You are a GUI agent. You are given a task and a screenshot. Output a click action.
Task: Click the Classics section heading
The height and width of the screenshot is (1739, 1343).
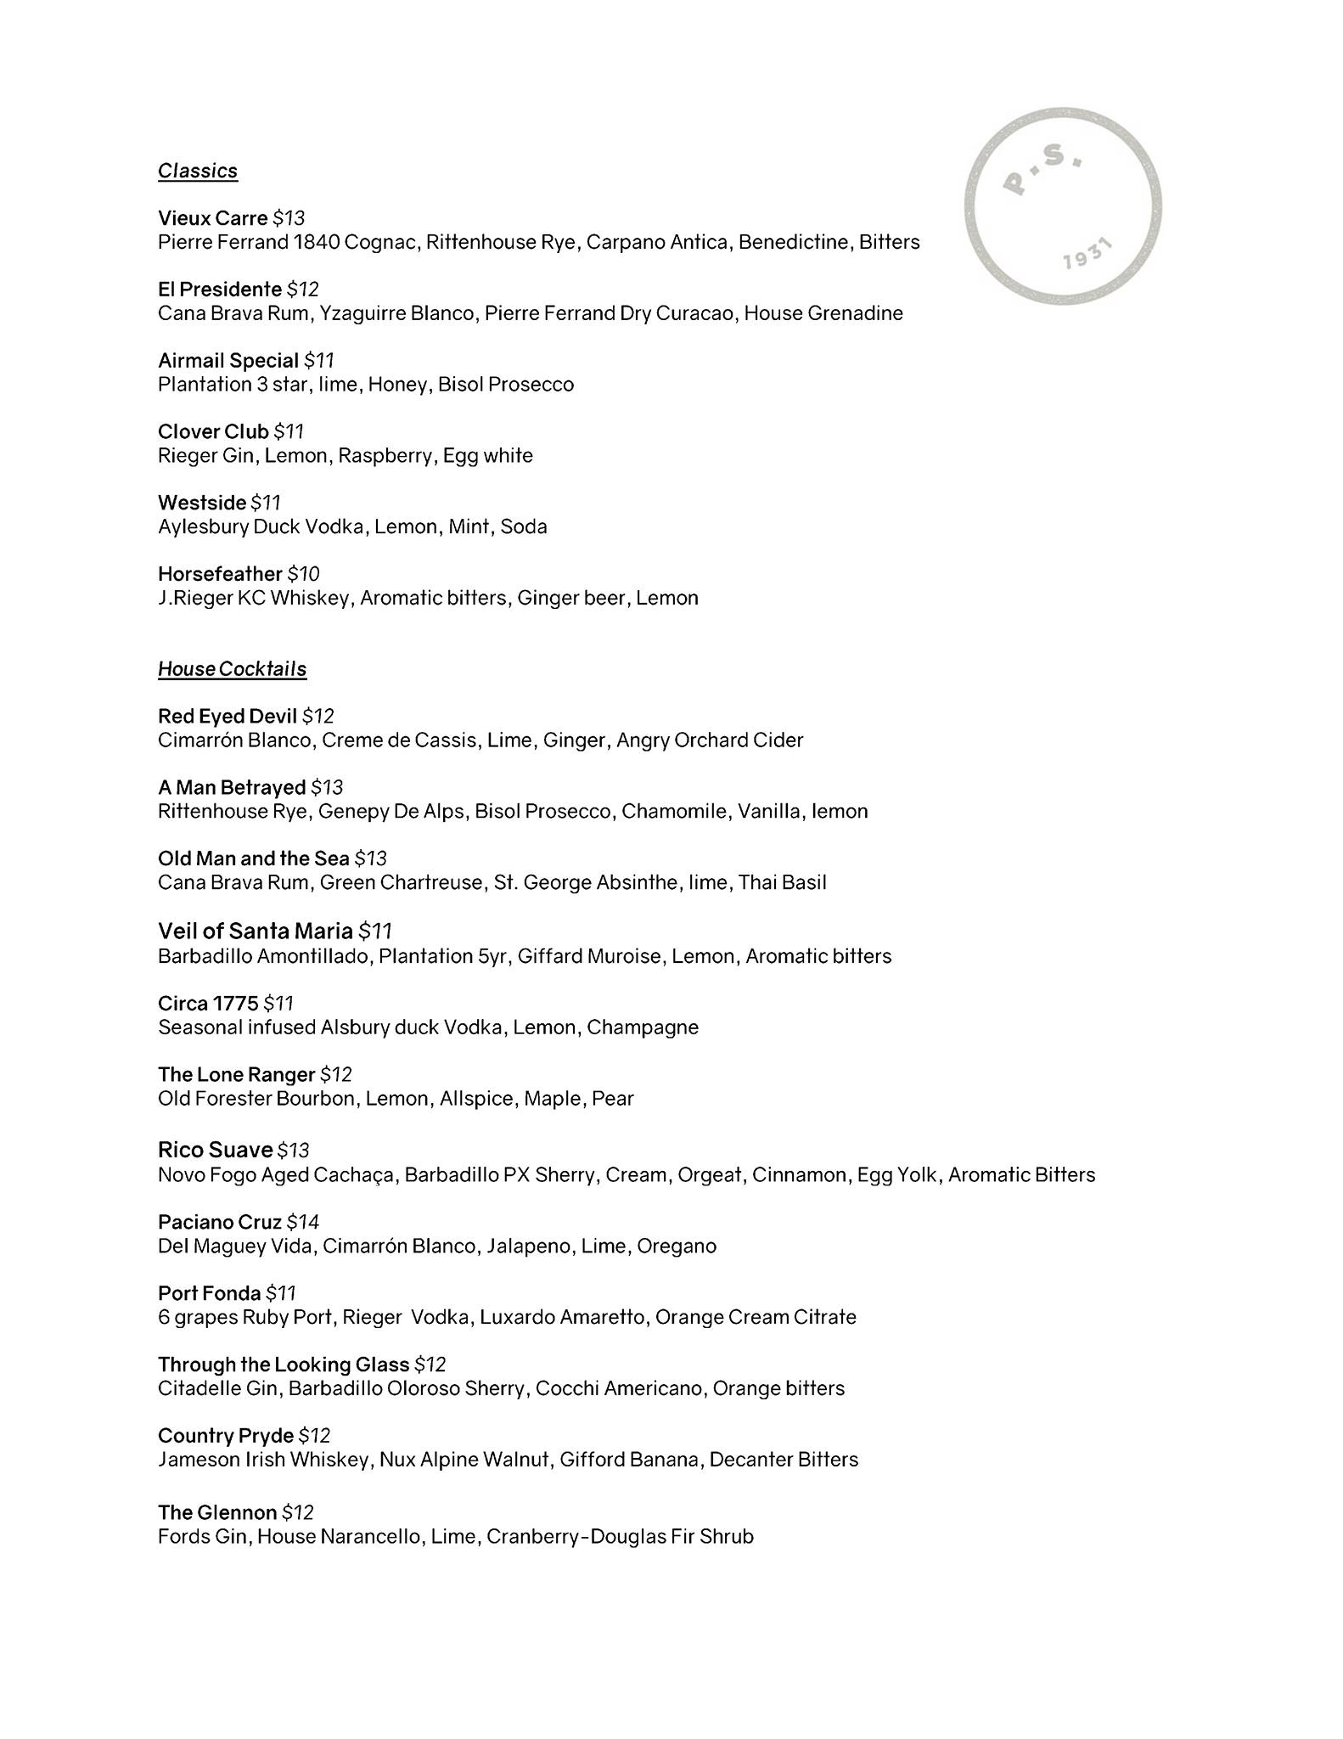click(x=198, y=171)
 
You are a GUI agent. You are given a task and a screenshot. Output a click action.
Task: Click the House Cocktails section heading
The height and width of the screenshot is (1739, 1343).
click(x=232, y=669)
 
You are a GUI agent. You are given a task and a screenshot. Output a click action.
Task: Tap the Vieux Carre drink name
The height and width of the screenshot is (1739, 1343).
click(x=212, y=218)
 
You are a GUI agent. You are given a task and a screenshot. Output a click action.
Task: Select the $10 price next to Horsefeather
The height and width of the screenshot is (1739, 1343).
click(x=303, y=574)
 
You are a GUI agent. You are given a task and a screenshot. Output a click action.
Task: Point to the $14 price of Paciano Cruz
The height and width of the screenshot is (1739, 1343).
click(x=302, y=1222)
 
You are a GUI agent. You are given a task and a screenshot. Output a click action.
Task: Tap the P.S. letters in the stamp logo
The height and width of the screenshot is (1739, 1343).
click(x=1042, y=169)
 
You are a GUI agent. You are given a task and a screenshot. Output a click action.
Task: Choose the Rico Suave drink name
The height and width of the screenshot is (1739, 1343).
click(x=215, y=1150)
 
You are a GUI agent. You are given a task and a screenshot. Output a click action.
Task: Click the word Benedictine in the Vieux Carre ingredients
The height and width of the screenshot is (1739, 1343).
click(x=794, y=242)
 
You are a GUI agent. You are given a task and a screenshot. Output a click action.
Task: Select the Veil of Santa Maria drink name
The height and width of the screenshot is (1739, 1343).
click(x=255, y=931)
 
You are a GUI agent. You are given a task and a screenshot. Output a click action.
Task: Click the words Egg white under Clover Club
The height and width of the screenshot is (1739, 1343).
click(x=487, y=456)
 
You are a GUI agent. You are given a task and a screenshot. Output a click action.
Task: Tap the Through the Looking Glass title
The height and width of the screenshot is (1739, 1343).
click(x=284, y=1365)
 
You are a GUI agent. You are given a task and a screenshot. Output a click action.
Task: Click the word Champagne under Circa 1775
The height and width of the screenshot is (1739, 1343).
click(x=643, y=1027)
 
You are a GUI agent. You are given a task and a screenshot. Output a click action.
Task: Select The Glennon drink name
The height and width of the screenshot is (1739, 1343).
click(x=217, y=1512)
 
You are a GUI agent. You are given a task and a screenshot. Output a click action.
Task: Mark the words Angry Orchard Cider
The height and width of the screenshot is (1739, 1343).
click(x=710, y=740)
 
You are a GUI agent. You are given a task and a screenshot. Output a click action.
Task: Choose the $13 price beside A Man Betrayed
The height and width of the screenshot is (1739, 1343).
click(x=327, y=788)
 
